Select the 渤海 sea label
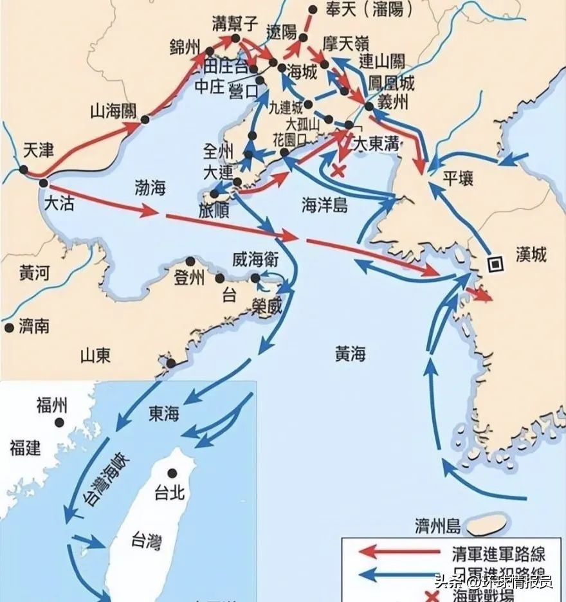[x=149, y=187]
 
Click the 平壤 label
[x=458, y=178]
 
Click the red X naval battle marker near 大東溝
[x=338, y=170]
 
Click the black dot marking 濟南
[x=9, y=327]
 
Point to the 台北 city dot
[x=172, y=471]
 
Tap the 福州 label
[x=51, y=405]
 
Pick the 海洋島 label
[x=325, y=205]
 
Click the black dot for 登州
[x=190, y=261]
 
